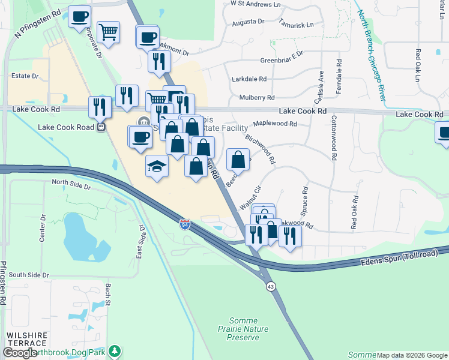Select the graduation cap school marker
[x=157, y=166]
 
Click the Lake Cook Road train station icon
[x=101, y=127]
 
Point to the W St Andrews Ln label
[x=255, y=4]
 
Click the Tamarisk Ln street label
[x=296, y=25]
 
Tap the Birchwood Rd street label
[x=260, y=149]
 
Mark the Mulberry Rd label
[x=256, y=97]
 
